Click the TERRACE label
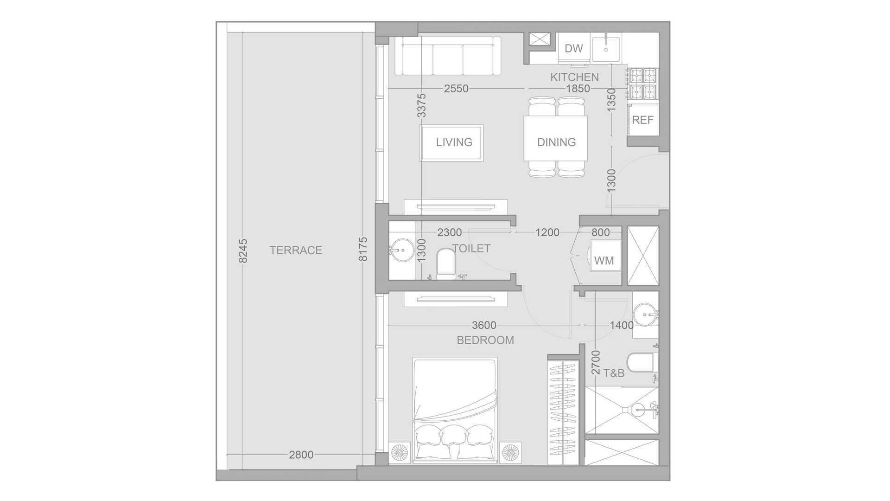point(296,250)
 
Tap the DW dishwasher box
point(574,48)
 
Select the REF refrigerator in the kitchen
point(643,120)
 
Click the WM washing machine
point(604,261)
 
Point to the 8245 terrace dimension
point(243,250)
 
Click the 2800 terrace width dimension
point(301,455)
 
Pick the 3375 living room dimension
point(421,105)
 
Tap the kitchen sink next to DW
point(606,48)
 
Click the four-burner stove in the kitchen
point(643,84)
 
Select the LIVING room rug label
point(454,142)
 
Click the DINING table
point(556,138)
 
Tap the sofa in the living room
point(448,56)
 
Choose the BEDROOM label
point(485,340)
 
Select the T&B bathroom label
point(614,373)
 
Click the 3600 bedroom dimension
point(484,325)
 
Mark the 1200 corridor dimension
point(547,232)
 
